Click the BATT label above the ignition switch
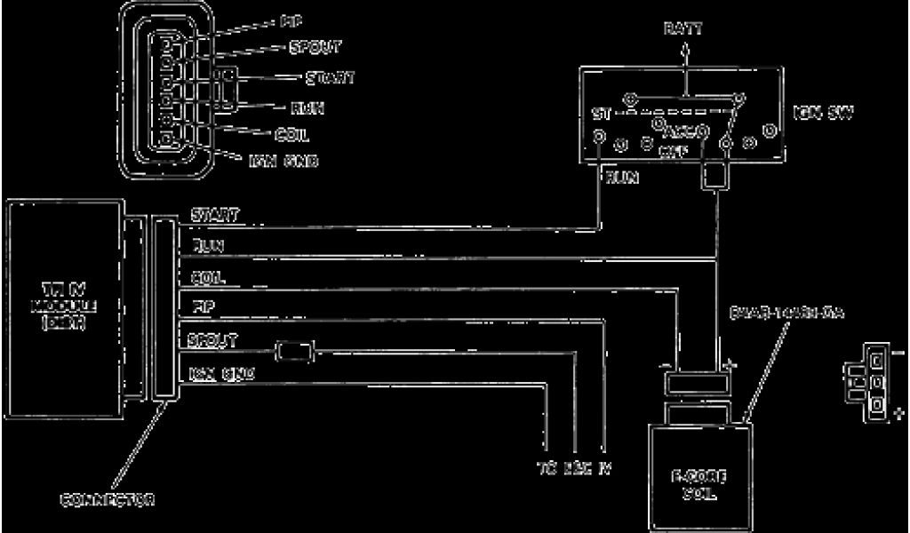[683, 29]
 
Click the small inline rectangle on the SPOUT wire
[292, 352]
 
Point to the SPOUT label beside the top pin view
[313, 46]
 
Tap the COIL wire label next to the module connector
[208, 279]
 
